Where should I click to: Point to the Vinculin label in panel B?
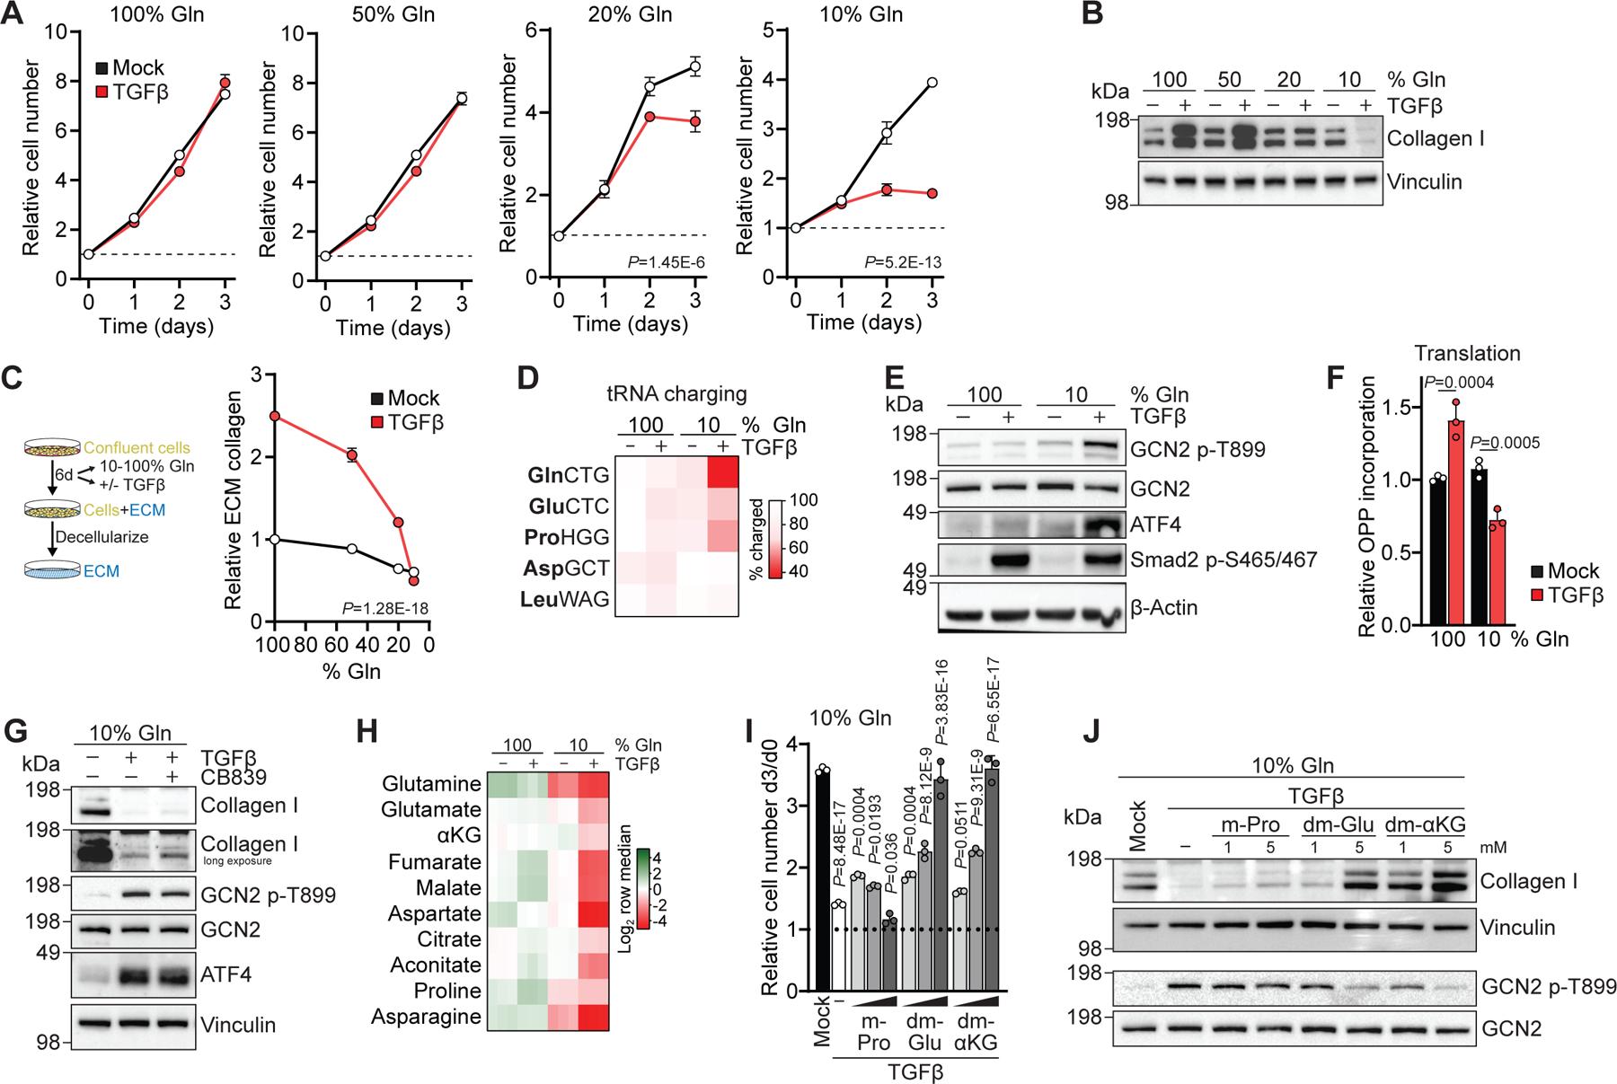(1430, 182)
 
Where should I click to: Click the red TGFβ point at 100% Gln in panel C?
(275, 416)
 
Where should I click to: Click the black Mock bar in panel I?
(821, 880)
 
